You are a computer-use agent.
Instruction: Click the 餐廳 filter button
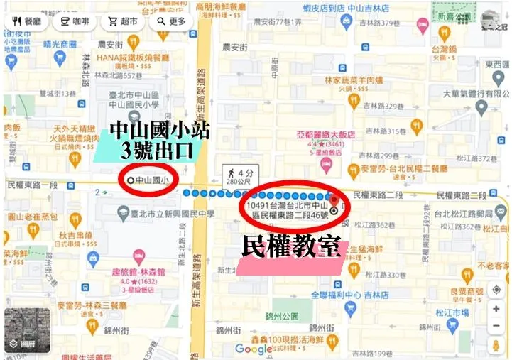point(27,21)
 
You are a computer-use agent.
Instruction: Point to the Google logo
point(254,349)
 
